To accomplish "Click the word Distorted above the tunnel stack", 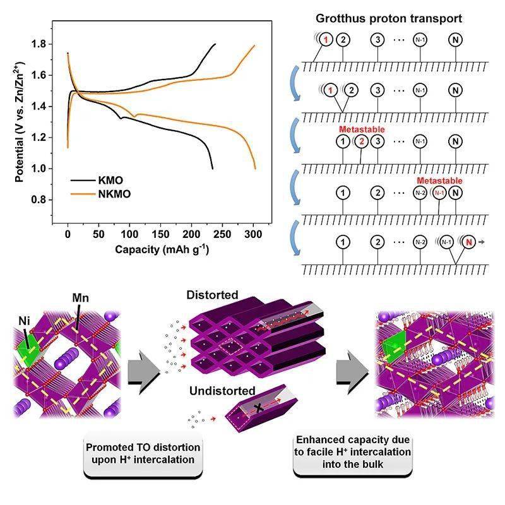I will (x=213, y=295).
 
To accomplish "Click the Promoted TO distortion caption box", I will (x=143, y=453).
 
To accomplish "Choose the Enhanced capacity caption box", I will (x=352, y=453).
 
